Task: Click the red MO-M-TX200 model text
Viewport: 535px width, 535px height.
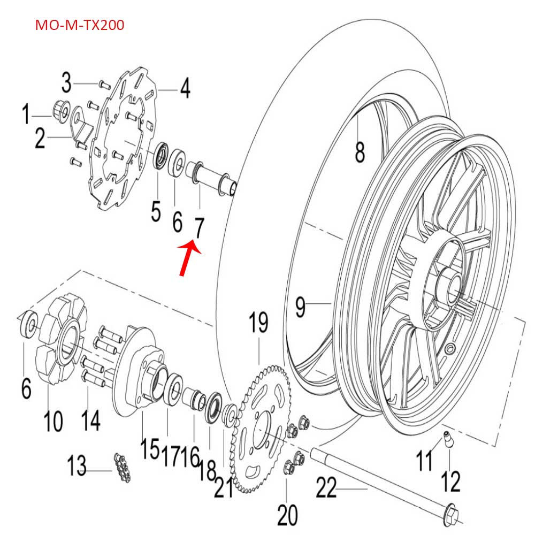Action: click(x=80, y=25)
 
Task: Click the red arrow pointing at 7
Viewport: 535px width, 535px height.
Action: click(x=188, y=258)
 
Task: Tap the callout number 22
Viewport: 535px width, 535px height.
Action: click(x=327, y=488)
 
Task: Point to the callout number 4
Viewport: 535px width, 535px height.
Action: click(x=184, y=89)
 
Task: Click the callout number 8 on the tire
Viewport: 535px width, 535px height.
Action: click(x=360, y=151)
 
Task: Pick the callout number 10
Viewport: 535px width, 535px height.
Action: click(x=53, y=420)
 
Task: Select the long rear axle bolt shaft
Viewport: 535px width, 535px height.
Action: click(x=374, y=481)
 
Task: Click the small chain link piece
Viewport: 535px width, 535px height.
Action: click(x=123, y=468)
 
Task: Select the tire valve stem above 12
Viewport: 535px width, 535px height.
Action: click(x=446, y=440)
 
